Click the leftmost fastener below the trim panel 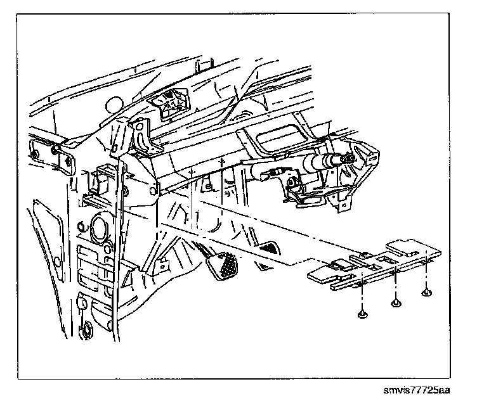(x=362, y=312)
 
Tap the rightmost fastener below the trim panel (x=426, y=293)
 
